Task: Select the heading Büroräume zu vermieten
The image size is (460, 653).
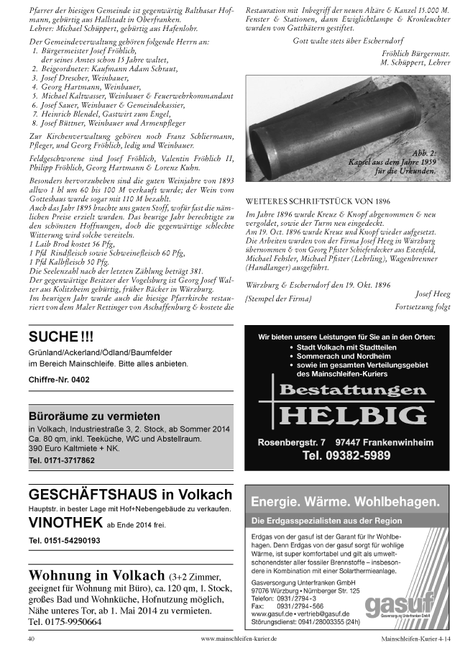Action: click(94, 416)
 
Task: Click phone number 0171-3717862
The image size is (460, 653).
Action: click(62, 460)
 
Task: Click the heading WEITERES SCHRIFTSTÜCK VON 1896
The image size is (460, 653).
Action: click(318, 201)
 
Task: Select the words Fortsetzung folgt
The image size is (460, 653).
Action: click(423, 307)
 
